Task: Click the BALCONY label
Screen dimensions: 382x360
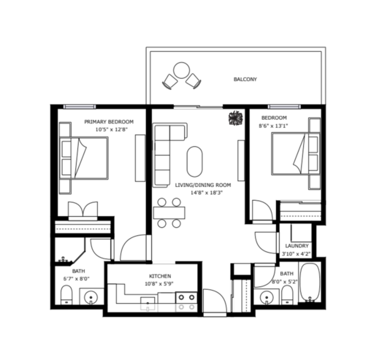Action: [245, 79]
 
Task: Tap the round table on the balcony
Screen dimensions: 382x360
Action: [181, 70]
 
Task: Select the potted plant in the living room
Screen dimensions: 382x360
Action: [236, 118]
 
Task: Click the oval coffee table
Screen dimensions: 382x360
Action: [195, 161]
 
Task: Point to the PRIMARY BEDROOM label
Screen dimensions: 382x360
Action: [109, 121]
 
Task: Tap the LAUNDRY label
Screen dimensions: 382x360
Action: [297, 246]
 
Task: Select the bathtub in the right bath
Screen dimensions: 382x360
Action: [310, 283]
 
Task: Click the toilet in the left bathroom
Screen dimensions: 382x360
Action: [66, 295]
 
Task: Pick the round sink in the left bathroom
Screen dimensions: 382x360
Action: [91, 297]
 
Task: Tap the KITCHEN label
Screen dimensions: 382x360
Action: [160, 276]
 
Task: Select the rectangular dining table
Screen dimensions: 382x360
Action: [169, 212]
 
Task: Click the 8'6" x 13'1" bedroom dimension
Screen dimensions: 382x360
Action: [273, 126]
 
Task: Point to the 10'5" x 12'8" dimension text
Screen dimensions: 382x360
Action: [112, 129]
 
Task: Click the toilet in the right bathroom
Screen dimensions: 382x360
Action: [287, 295]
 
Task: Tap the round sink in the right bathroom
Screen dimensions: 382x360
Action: [267, 297]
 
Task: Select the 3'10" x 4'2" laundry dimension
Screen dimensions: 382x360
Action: [297, 254]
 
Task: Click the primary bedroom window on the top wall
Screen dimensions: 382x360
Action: [80, 107]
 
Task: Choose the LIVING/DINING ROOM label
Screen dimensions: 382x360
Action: [203, 185]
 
